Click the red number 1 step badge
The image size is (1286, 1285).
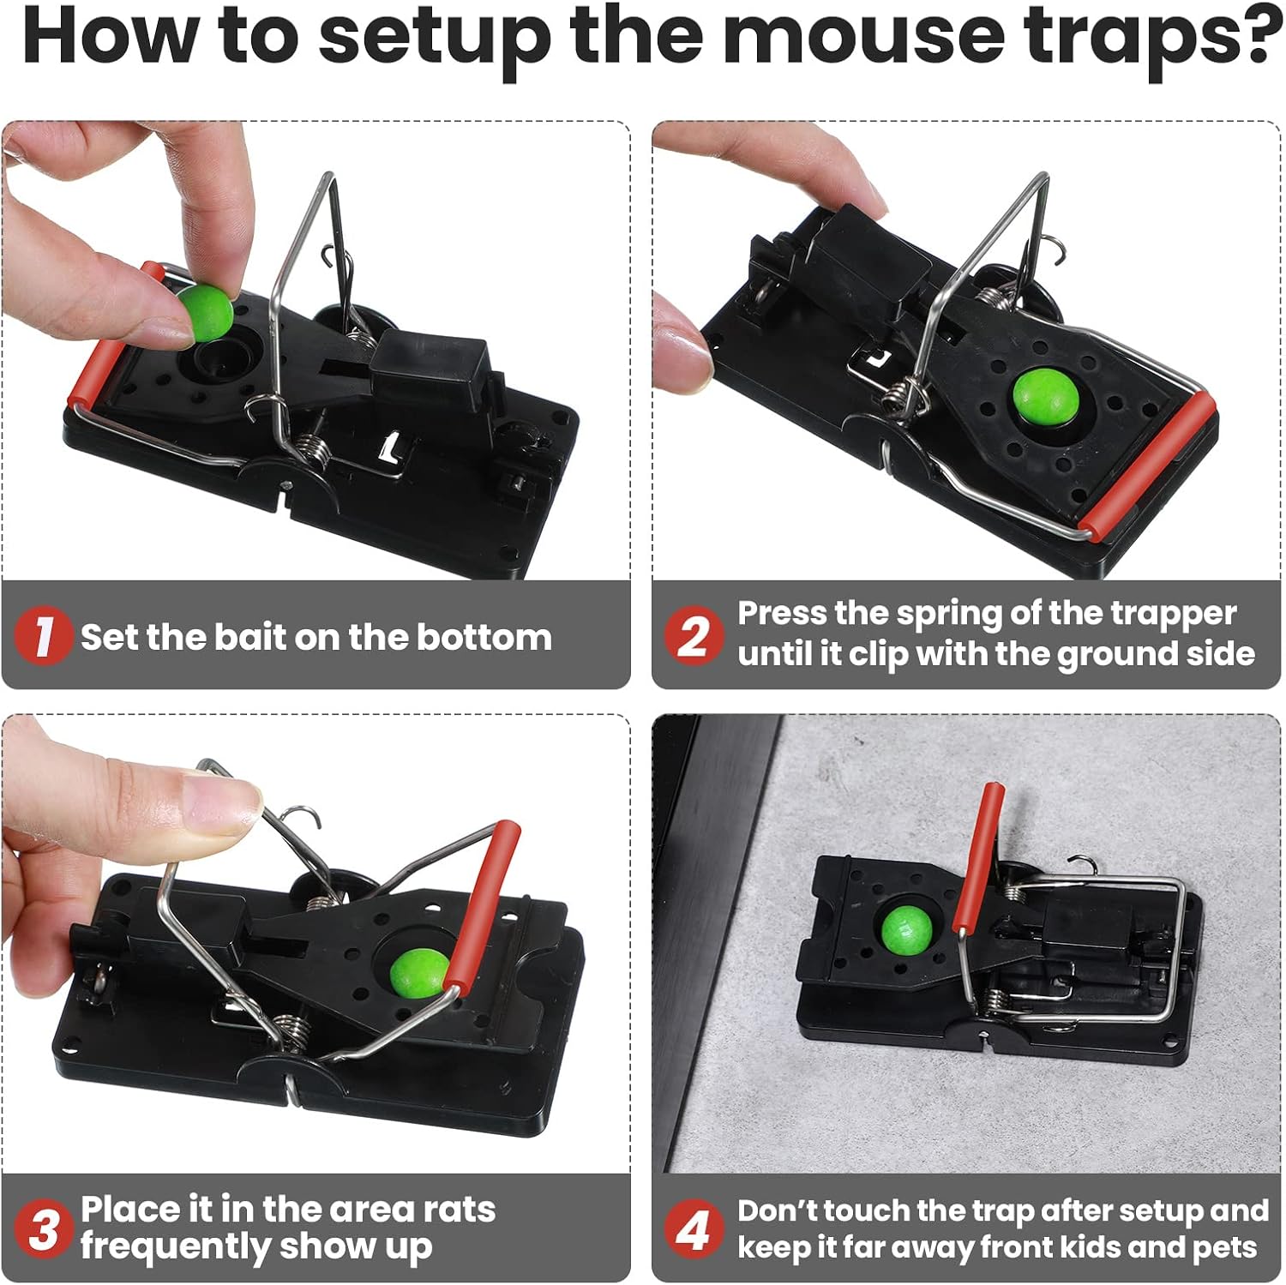click(x=42, y=636)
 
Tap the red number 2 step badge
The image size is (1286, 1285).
click(x=693, y=634)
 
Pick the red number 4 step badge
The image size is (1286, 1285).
click(x=693, y=1229)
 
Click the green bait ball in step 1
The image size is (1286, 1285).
click(x=204, y=312)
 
